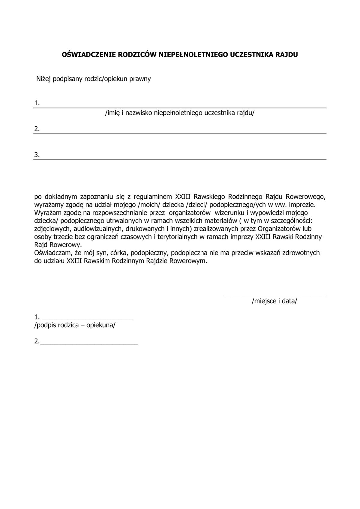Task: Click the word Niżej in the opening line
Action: tap(44, 79)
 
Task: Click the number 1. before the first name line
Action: tap(37, 103)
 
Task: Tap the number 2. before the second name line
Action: tap(37, 129)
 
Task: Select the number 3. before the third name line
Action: tap(37, 155)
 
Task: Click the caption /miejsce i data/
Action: tap(274, 301)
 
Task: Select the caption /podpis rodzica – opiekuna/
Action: tap(75, 325)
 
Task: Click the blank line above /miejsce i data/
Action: tap(274, 295)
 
